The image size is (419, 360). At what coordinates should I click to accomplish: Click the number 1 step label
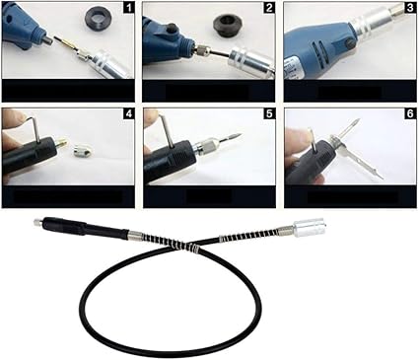coord(129,7)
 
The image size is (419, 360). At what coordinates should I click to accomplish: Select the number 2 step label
coord(269,7)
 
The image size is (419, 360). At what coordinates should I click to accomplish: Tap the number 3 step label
coord(410,7)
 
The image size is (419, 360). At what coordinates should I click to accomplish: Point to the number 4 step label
coord(129,113)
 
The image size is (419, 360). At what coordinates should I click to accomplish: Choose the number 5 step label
coord(269,113)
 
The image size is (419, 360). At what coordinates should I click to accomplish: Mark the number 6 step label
coord(410,113)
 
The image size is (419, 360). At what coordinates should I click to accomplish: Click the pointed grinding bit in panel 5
coord(232,138)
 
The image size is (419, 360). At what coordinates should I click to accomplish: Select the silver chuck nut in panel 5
coord(206,146)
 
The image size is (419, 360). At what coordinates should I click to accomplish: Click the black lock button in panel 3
coord(351,42)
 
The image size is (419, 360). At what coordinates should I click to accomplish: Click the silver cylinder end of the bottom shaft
coord(310,228)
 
